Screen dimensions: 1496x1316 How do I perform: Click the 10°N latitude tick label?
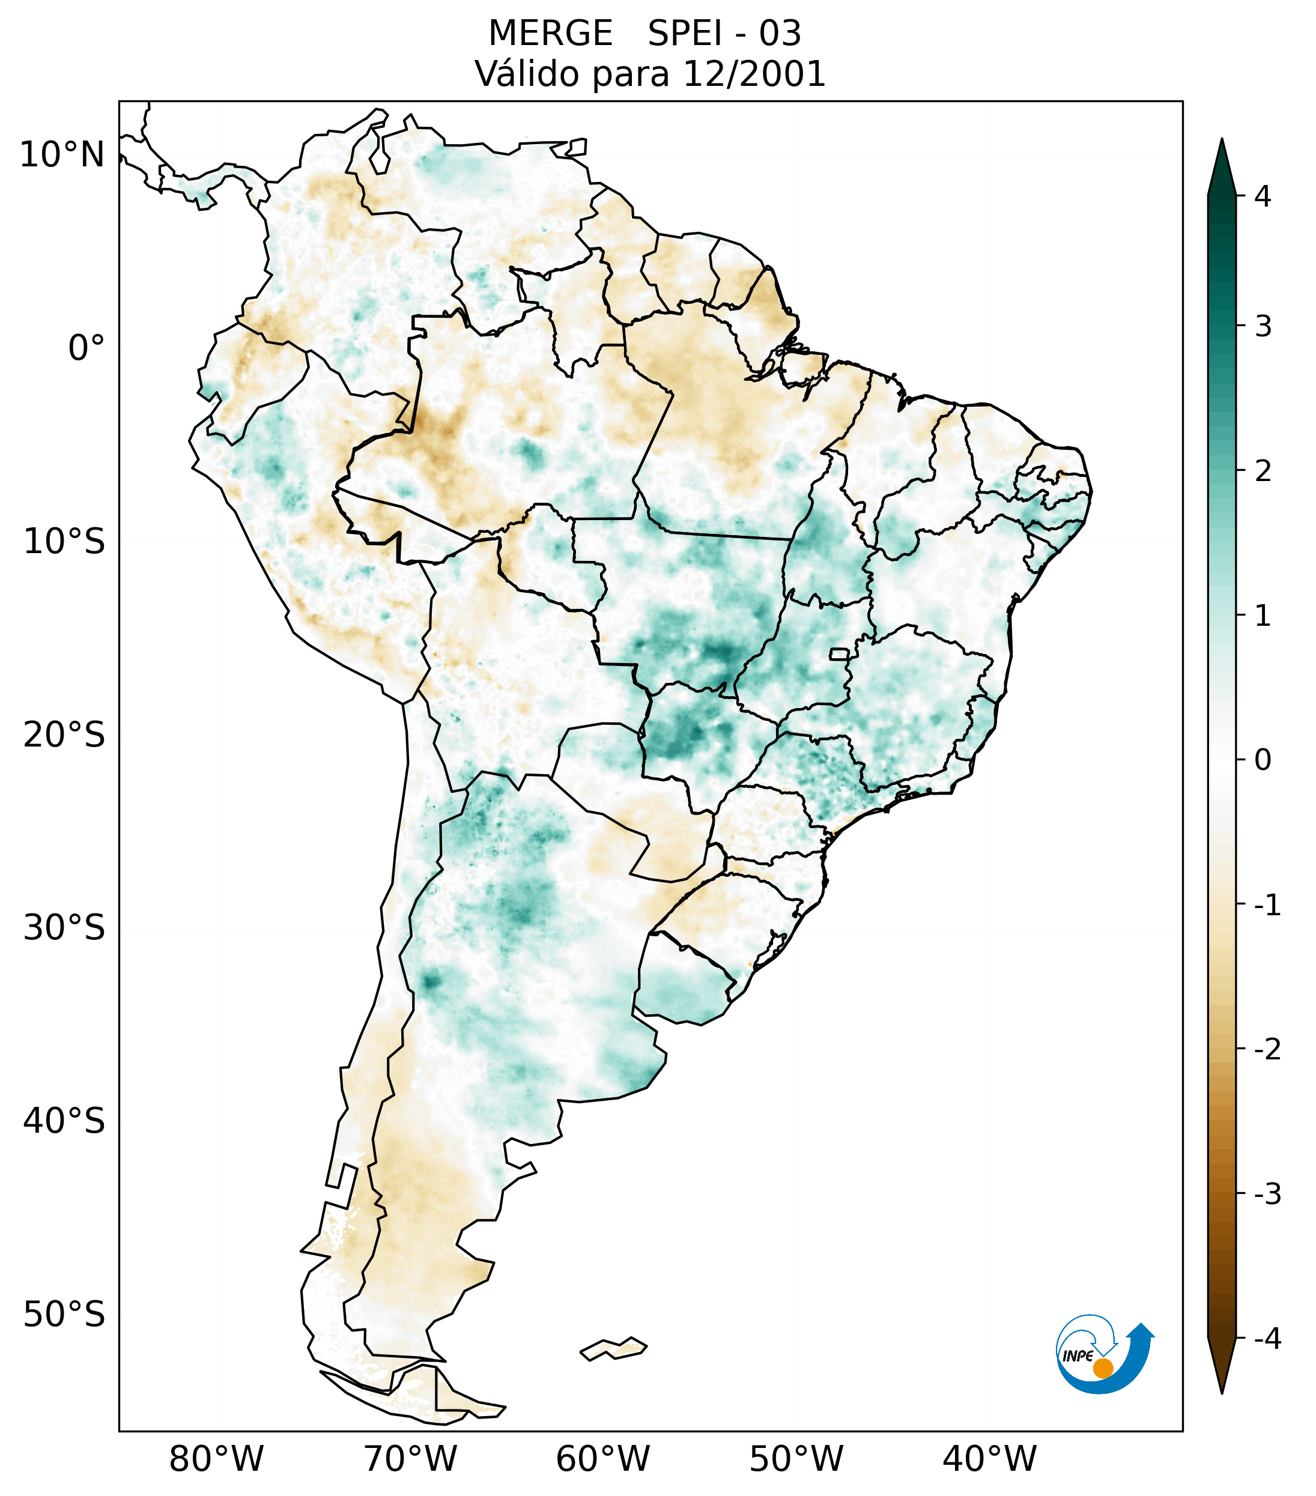[61, 155]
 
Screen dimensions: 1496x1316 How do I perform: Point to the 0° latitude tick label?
[86, 348]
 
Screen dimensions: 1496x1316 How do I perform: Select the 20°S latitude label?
[64, 734]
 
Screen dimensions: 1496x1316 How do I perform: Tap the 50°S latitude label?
[64, 1315]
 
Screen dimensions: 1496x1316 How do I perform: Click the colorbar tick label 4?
[1263, 196]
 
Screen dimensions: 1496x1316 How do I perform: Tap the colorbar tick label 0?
[1263, 760]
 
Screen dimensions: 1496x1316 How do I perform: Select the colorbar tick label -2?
[1267, 1050]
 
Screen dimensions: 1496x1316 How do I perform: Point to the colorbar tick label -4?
[1267, 1339]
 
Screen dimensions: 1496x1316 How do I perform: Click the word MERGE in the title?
[550, 34]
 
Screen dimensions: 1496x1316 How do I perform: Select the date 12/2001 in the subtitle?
[753, 74]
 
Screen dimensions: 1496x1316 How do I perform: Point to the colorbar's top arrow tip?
[1221, 140]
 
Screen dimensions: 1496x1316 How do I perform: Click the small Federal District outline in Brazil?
[840, 653]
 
